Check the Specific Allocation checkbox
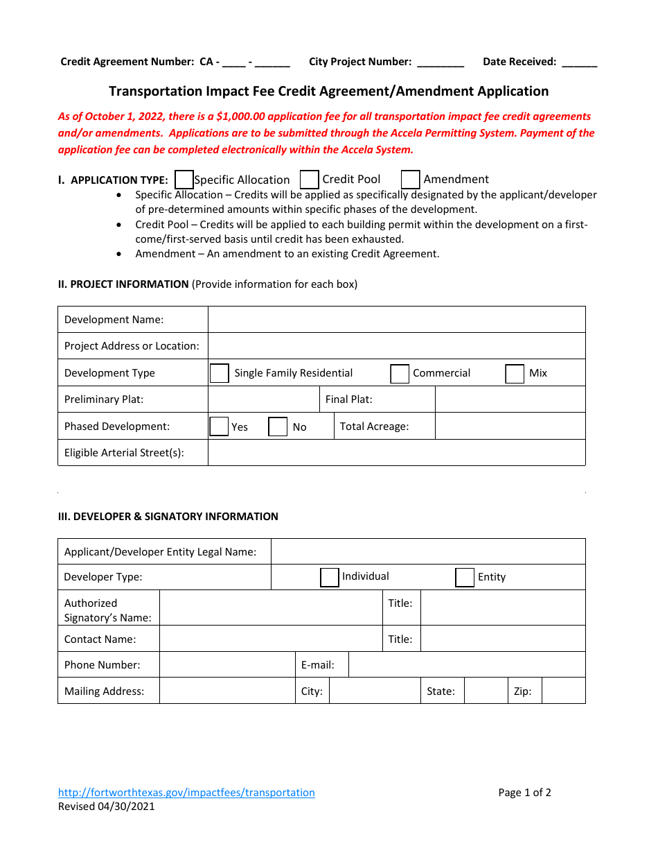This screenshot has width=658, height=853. pyautogui.click(x=184, y=180)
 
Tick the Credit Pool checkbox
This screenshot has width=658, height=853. pyautogui.click(x=309, y=180)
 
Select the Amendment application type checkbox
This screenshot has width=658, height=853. pyautogui.click(x=410, y=180)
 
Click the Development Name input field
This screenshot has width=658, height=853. pyautogui.click(x=396, y=320)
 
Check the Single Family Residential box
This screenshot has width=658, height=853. pyautogui.click(x=219, y=373)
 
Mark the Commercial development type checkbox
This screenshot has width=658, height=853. pyautogui.click(x=400, y=374)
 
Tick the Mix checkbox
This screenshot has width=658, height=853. pyautogui.click(x=515, y=374)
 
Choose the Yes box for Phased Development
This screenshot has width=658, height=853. pyautogui.click(x=219, y=426)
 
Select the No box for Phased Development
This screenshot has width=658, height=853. pyautogui.click(x=278, y=426)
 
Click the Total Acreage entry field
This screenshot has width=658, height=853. pyautogui.click(x=510, y=426)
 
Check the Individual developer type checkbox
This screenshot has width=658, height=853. pyautogui.click(x=329, y=577)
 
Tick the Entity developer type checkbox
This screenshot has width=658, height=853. pyautogui.click(x=464, y=577)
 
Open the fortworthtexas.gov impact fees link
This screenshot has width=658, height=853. pyautogui.click(x=186, y=793)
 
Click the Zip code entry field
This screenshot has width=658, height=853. pyautogui.click(x=563, y=691)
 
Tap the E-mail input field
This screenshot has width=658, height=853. pyautogui.click(x=466, y=665)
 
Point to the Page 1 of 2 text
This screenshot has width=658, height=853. pyautogui.click(x=524, y=793)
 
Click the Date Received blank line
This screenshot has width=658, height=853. pyautogui.click(x=579, y=62)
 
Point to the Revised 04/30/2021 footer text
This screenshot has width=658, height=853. pyautogui.click(x=107, y=807)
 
